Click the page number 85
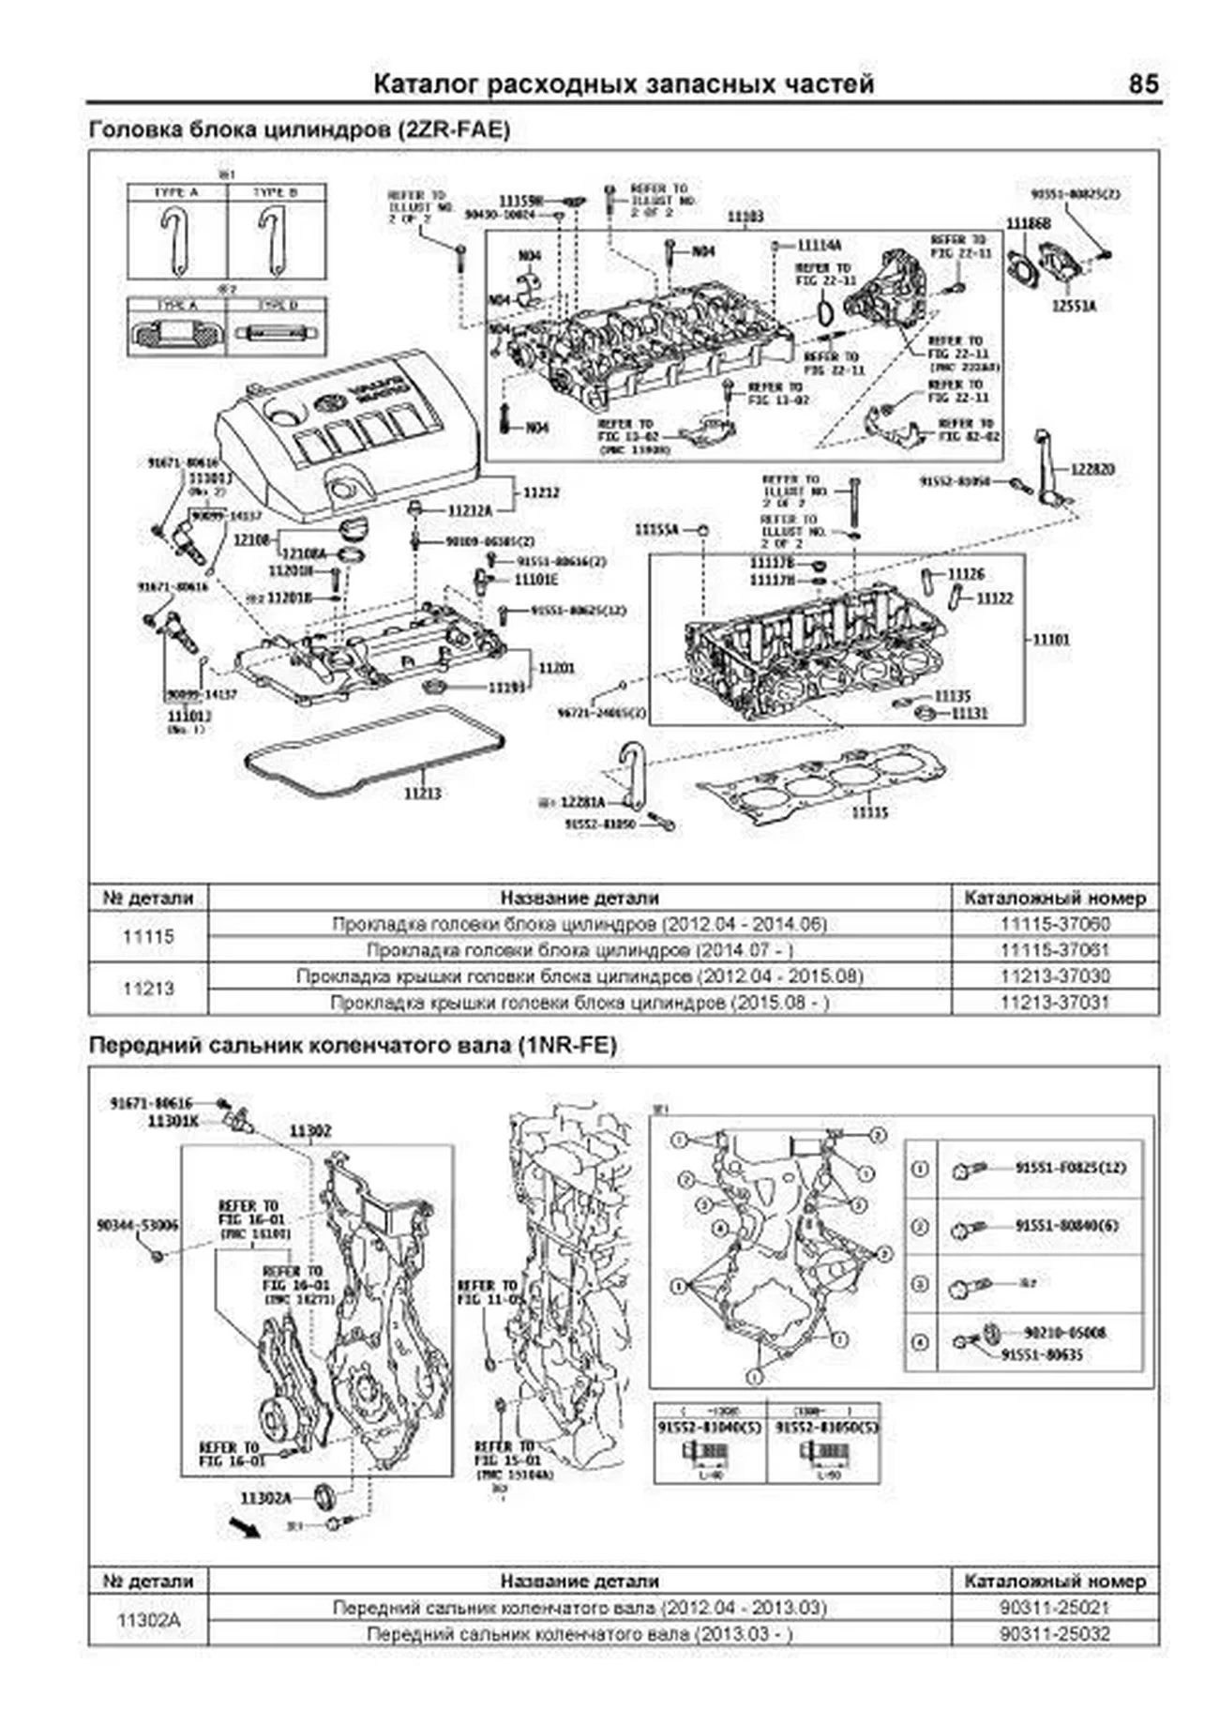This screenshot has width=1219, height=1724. coord(1143,84)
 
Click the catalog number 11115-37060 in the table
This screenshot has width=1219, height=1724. coord(1055,924)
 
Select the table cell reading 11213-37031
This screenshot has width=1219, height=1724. coord(1055,1002)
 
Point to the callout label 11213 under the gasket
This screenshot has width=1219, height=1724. coord(423,794)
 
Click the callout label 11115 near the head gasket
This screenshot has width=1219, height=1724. coord(869,812)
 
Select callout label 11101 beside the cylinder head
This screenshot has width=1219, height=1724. coord(1051,640)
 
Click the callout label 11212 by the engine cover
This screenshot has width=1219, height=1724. coord(541,491)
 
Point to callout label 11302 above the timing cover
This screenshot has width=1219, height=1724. coord(310,1132)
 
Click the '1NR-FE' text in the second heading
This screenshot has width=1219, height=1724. coord(566,1045)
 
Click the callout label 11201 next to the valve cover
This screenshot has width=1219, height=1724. coord(556,668)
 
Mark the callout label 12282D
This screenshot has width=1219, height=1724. coord(1094,468)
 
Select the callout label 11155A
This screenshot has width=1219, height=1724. coord(656,530)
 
